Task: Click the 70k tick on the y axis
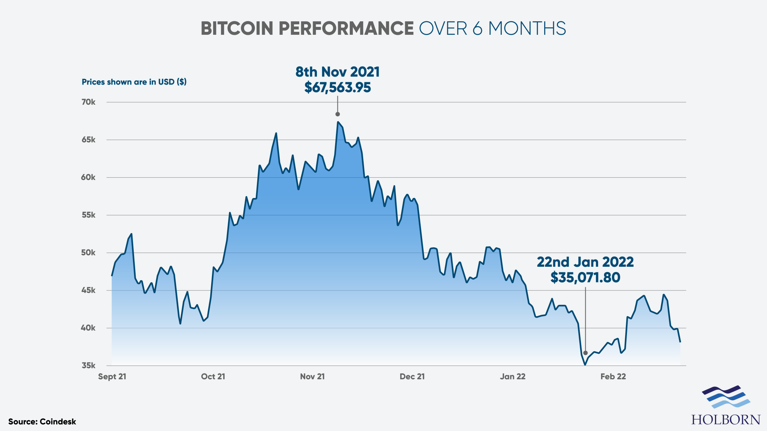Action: (x=89, y=102)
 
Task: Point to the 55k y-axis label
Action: (x=89, y=215)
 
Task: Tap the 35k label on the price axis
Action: (x=89, y=366)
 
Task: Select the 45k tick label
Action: (x=89, y=290)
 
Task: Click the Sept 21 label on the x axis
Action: (x=112, y=377)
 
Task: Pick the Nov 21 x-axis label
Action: (x=312, y=377)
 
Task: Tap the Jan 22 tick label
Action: (x=513, y=377)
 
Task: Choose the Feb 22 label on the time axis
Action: (x=613, y=377)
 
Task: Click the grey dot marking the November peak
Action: (x=337, y=114)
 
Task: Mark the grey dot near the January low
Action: (x=585, y=353)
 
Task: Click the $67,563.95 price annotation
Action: (x=337, y=88)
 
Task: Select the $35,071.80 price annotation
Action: (x=585, y=278)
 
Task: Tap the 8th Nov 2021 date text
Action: (x=337, y=72)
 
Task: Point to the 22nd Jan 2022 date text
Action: (x=585, y=262)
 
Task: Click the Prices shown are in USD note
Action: (x=134, y=82)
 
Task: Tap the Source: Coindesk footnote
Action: (x=42, y=422)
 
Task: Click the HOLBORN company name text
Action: (x=726, y=419)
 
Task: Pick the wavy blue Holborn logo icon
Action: (x=726, y=397)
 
